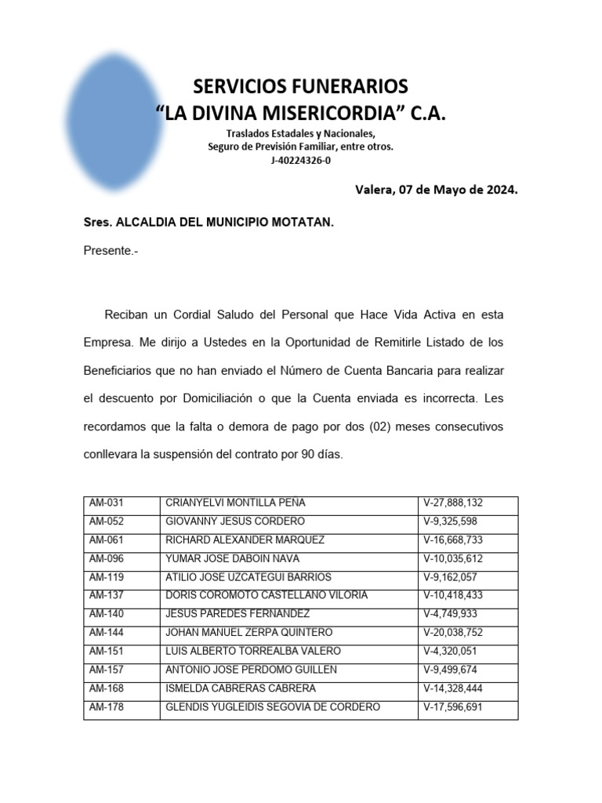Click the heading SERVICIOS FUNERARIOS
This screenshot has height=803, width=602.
pos(300,85)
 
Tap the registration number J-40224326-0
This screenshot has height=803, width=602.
pos(300,161)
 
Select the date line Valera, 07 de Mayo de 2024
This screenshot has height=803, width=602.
pos(436,190)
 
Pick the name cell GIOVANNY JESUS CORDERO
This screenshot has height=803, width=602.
pos(235,521)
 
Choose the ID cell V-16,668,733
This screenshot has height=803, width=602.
pos(453,540)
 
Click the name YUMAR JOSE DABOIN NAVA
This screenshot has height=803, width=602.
pos(232,559)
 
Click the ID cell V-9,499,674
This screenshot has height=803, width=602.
pos(450,670)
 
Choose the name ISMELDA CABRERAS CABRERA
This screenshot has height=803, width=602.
pos(240,689)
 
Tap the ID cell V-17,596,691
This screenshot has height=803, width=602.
pos(453,707)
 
